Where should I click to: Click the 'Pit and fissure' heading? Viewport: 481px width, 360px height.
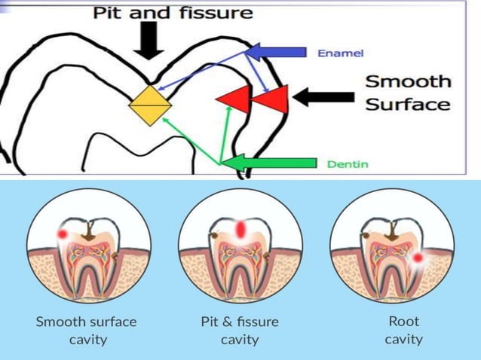point(173,13)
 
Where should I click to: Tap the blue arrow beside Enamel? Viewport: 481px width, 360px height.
point(274,52)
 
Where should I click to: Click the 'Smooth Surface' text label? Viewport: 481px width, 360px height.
point(408,93)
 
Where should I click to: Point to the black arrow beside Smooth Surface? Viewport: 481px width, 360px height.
point(323,96)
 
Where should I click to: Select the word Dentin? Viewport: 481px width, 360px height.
point(348,163)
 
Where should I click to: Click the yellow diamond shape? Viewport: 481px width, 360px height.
point(148,105)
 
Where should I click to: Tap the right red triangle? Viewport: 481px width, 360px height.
point(272,99)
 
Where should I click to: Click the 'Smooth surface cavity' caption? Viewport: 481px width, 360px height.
point(87,330)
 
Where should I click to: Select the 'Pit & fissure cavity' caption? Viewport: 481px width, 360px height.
point(240,330)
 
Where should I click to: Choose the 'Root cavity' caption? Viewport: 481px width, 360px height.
point(403,330)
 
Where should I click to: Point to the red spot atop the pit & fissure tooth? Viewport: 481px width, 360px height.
point(240,227)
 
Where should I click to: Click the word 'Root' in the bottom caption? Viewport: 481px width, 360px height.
point(403,322)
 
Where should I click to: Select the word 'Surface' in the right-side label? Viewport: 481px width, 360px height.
point(408,104)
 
